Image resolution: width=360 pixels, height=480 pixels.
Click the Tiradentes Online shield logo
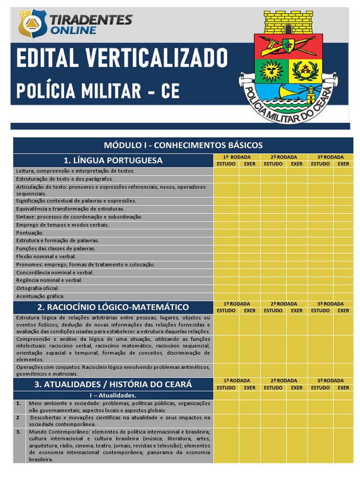click(x=32, y=23)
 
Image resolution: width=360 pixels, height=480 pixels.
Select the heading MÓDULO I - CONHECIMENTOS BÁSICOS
click(x=183, y=145)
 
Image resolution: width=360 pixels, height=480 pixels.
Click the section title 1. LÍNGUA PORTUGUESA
click(x=113, y=160)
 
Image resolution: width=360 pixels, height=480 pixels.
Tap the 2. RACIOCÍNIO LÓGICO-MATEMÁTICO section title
click(x=113, y=307)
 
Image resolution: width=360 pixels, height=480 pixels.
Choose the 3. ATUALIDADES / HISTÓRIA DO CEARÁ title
click(x=113, y=384)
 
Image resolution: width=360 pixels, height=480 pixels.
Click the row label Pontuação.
click(x=30, y=232)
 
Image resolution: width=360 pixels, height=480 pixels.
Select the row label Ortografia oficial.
click(x=37, y=288)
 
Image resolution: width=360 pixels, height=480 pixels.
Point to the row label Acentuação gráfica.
click(x=40, y=296)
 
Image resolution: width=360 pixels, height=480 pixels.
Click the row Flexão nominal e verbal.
click(x=46, y=256)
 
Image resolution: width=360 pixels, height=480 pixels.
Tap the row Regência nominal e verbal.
click(x=49, y=280)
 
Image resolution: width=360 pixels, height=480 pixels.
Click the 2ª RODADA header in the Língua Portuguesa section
click(x=284, y=157)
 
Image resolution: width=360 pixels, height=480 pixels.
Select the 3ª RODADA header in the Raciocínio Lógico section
click(x=330, y=304)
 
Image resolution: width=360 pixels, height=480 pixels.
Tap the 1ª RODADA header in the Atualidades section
click(x=237, y=381)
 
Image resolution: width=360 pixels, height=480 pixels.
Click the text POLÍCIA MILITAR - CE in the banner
click(x=98, y=90)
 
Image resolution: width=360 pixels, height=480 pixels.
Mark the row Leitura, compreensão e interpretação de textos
click(x=75, y=171)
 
